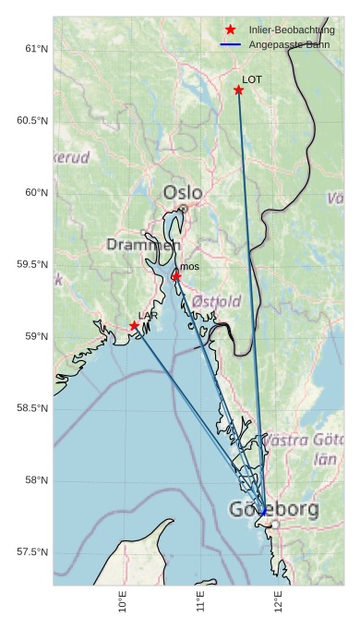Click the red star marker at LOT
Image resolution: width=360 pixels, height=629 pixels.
click(238, 90)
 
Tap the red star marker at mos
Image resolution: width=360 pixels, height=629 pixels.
click(175, 276)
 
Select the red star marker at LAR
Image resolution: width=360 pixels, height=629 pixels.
click(134, 325)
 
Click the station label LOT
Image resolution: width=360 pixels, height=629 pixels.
click(252, 80)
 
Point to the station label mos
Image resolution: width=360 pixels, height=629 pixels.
click(189, 267)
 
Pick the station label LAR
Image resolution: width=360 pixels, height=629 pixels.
click(148, 316)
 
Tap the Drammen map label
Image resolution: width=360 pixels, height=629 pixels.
click(143, 245)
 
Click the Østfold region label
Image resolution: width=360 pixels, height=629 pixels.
click(217, 301)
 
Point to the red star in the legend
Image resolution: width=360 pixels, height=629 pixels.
click(231, 30)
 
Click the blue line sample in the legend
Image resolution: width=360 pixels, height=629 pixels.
click(231, 44)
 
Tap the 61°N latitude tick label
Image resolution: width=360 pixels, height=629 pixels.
click(36, 49)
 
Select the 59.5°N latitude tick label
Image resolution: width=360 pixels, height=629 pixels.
click(32, 265)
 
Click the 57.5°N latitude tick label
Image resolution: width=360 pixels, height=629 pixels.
click(32, 552)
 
